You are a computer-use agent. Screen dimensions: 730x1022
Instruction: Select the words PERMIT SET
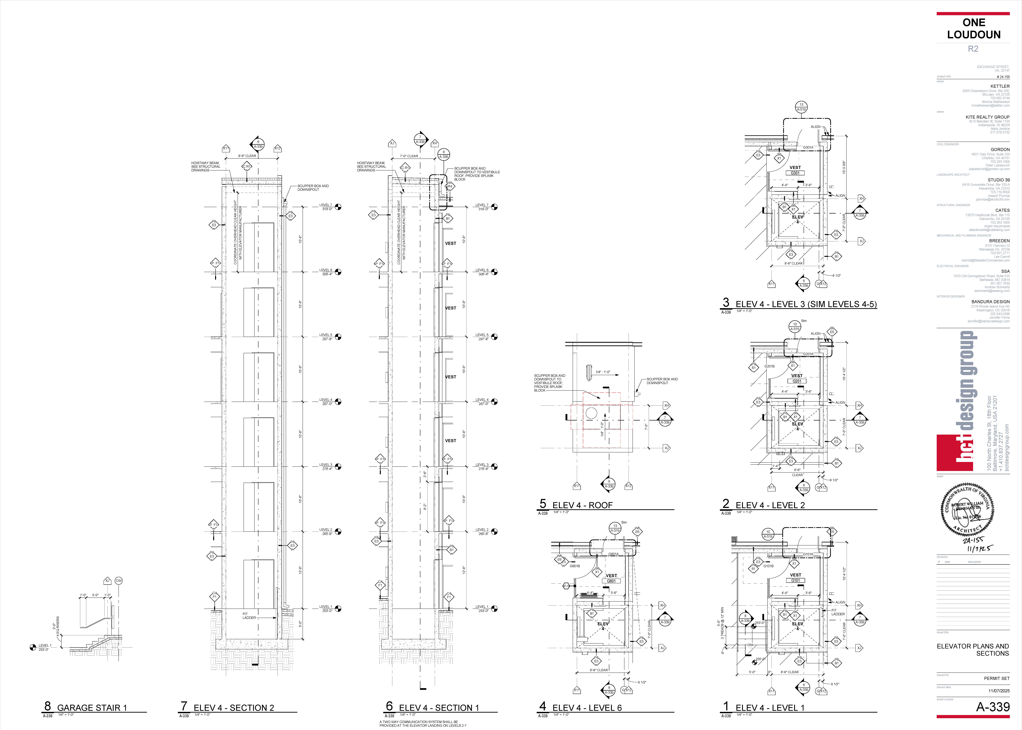click(x=996, y=678)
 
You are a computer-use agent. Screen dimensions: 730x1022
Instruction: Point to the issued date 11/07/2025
click(x=999, y=690)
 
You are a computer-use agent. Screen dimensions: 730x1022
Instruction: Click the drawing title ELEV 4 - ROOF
click(x=582, y=505)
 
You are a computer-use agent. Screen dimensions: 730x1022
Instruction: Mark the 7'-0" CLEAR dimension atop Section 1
click(x=409, y=156)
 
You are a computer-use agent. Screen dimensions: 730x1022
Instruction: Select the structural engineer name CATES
click(x=1002, y=210)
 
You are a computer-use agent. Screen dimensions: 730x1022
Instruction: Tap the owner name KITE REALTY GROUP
click(x=987, y=117)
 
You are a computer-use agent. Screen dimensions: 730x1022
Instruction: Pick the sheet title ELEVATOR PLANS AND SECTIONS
click(x=973, y=650)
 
